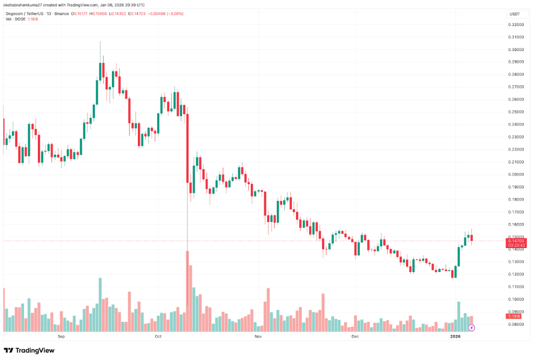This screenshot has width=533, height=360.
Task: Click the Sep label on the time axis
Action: point(60,337)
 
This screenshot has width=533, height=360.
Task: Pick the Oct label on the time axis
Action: point(158,337)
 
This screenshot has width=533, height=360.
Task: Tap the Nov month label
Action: point(257,337)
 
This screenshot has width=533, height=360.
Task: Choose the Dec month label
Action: point(355,337)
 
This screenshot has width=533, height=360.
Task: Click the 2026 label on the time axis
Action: point(456,337)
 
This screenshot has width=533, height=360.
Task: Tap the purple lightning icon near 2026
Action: point(472,328)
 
